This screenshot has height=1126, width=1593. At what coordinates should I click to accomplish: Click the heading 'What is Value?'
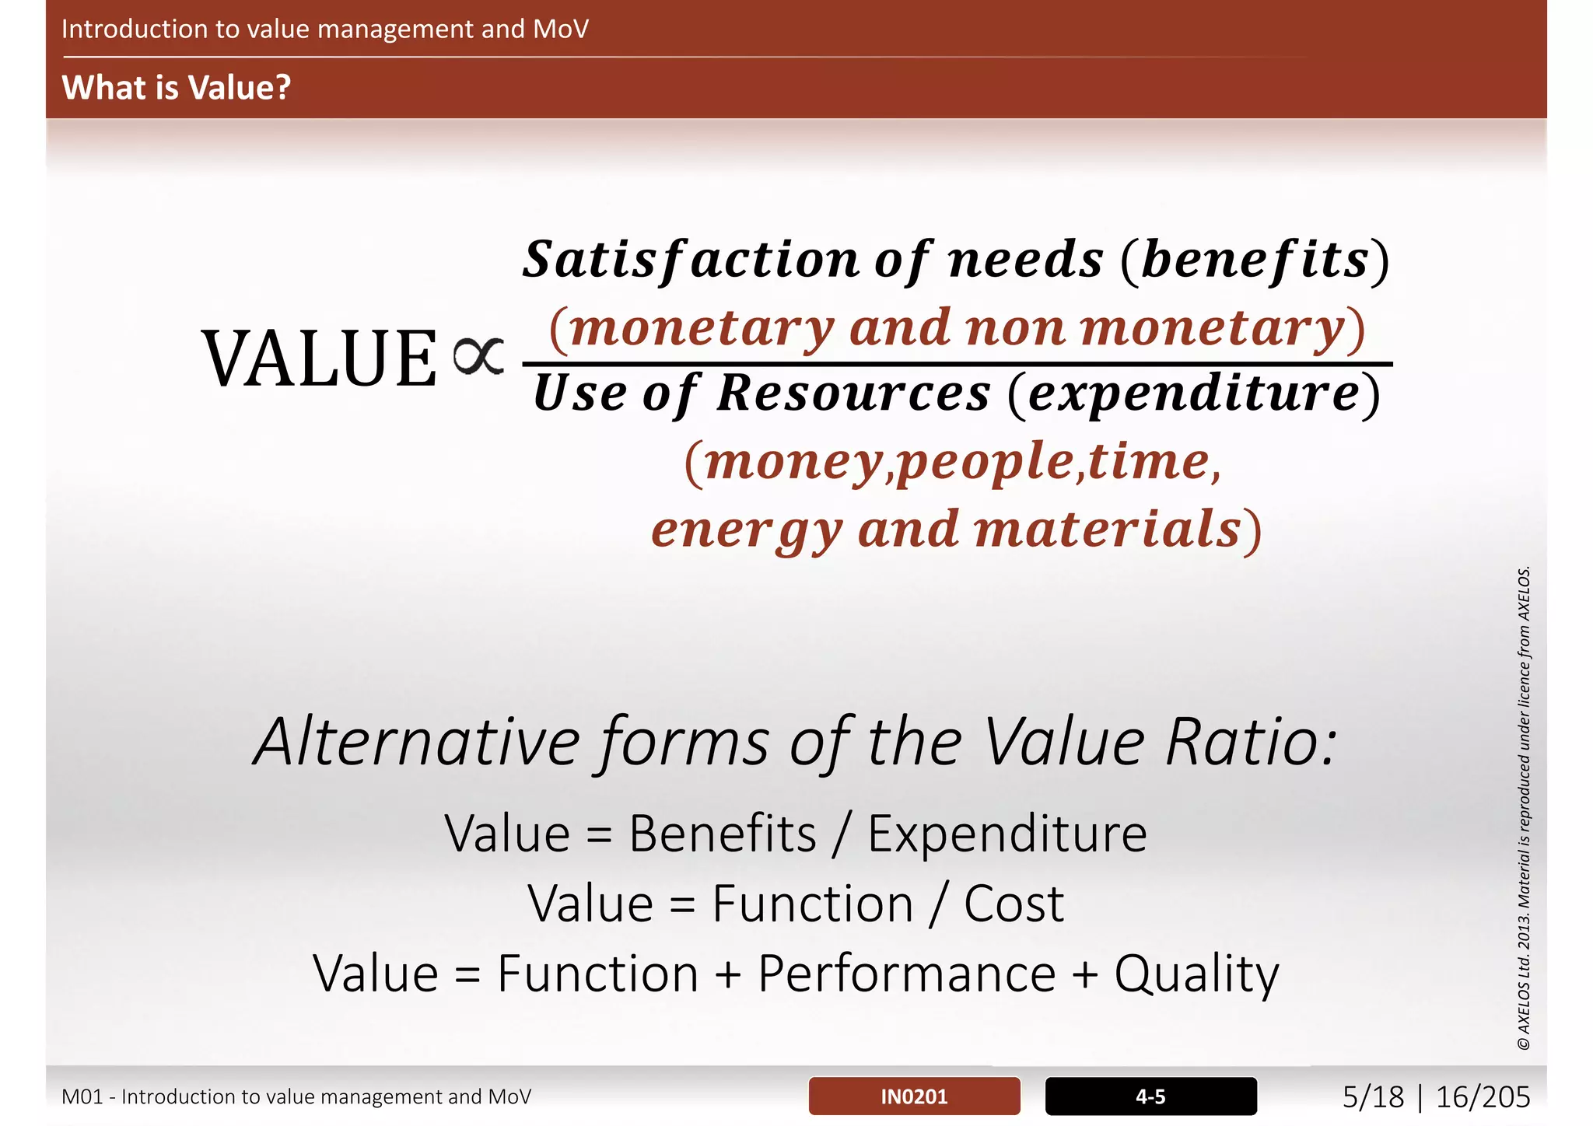click(176, 87)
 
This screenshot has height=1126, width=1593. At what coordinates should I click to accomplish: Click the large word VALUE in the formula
click(320, 359)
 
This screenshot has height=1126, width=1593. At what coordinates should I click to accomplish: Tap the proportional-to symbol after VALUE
click(478, 357)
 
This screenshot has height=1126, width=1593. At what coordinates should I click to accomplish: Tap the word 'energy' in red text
click(747, 530)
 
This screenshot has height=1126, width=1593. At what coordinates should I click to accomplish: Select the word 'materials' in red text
click(1107, 530)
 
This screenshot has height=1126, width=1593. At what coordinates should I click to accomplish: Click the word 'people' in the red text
click(986, 462)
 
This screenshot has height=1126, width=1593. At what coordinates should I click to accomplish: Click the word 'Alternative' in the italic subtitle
click(417, 743)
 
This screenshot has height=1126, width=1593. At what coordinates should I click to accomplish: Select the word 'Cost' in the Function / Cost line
click(1014, 904)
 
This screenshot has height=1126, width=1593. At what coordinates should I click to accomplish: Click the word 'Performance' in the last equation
click(906, 974)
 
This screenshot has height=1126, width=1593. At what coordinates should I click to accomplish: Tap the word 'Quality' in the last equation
click(1196, 974)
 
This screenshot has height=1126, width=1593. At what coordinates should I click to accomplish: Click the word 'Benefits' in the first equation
click(723, 834)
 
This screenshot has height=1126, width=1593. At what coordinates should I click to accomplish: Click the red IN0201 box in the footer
click(914, 1096)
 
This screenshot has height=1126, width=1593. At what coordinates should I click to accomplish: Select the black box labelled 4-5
click(1150, 1096)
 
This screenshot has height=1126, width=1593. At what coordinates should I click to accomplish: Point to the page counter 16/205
click(1483, 1097)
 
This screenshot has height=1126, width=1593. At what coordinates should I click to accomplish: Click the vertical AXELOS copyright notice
click(1524, 809)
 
